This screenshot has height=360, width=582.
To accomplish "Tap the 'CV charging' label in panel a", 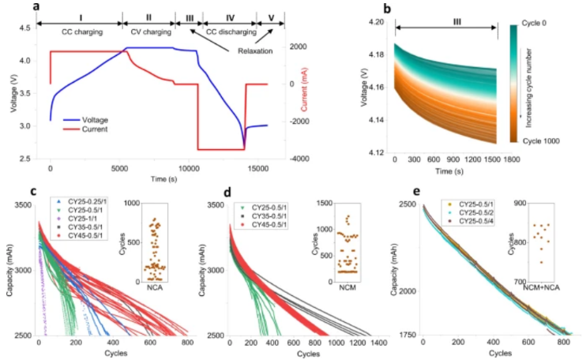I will (x=147, y=32).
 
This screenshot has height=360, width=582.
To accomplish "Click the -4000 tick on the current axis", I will (x=300, y=159).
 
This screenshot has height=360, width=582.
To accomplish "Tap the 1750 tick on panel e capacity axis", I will (x=407, y=334).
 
